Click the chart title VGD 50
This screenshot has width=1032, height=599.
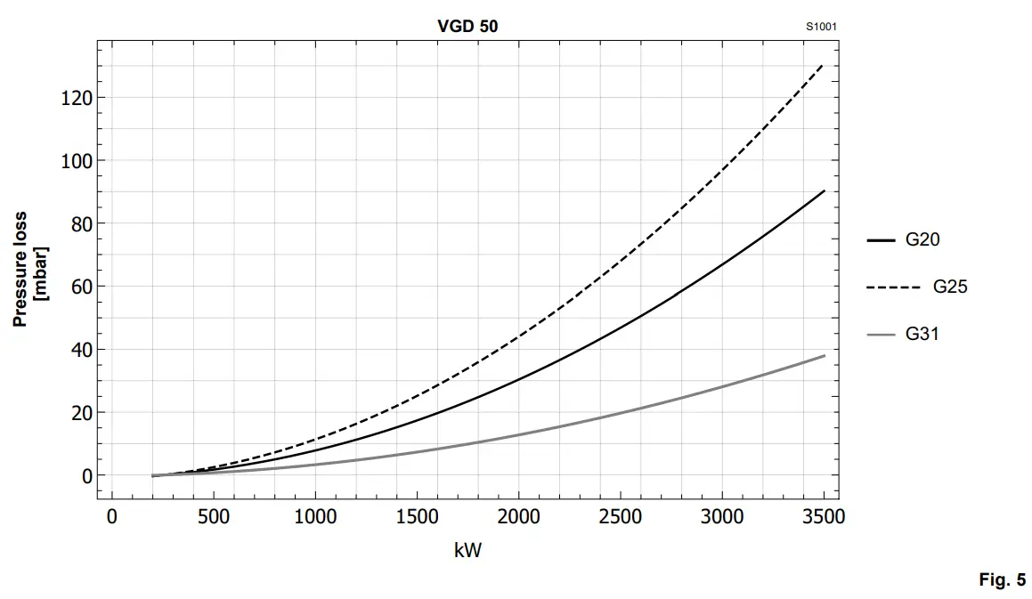[x=468, y=27]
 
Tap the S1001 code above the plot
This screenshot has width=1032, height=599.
[x=821, y=27]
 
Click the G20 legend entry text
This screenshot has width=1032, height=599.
[x=922, y=239]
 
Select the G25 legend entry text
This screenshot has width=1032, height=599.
[x=950, y=287]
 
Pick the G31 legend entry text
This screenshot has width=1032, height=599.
[x=922, y=334]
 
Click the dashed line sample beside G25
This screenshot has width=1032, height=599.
[x=893, y=287]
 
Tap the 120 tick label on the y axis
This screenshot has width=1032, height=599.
[x=77, y=98]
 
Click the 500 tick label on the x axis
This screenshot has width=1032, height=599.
[x=214, y=517]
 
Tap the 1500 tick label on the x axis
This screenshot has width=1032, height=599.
[x=417, y=517]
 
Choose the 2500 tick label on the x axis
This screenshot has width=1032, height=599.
[x=620, y=517]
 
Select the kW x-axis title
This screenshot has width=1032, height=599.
[x=467, y=550]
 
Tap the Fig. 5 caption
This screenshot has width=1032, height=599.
[x=1002, y=580]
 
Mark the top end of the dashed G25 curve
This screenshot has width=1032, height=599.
[x=822, y=65]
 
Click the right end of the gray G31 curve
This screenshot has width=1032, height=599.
[x=824, y=356]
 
